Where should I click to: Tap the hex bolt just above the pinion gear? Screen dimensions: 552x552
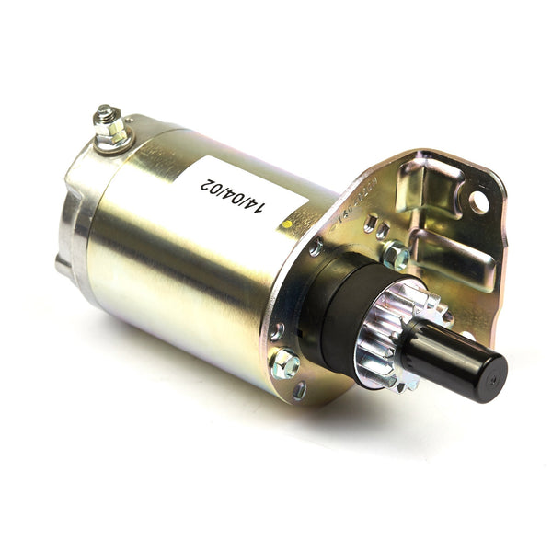(396, 255)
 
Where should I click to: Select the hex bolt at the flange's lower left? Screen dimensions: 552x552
(287, 363)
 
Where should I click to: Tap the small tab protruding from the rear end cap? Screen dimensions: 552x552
(61, 266)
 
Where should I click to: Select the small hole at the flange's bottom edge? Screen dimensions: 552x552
(300, 390)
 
